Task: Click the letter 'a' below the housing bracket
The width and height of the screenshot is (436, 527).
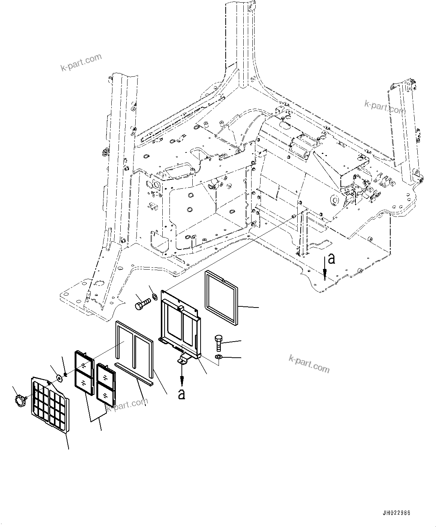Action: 182,394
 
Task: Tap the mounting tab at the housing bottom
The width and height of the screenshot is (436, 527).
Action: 184,360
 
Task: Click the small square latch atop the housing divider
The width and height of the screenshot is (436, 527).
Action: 181,308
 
